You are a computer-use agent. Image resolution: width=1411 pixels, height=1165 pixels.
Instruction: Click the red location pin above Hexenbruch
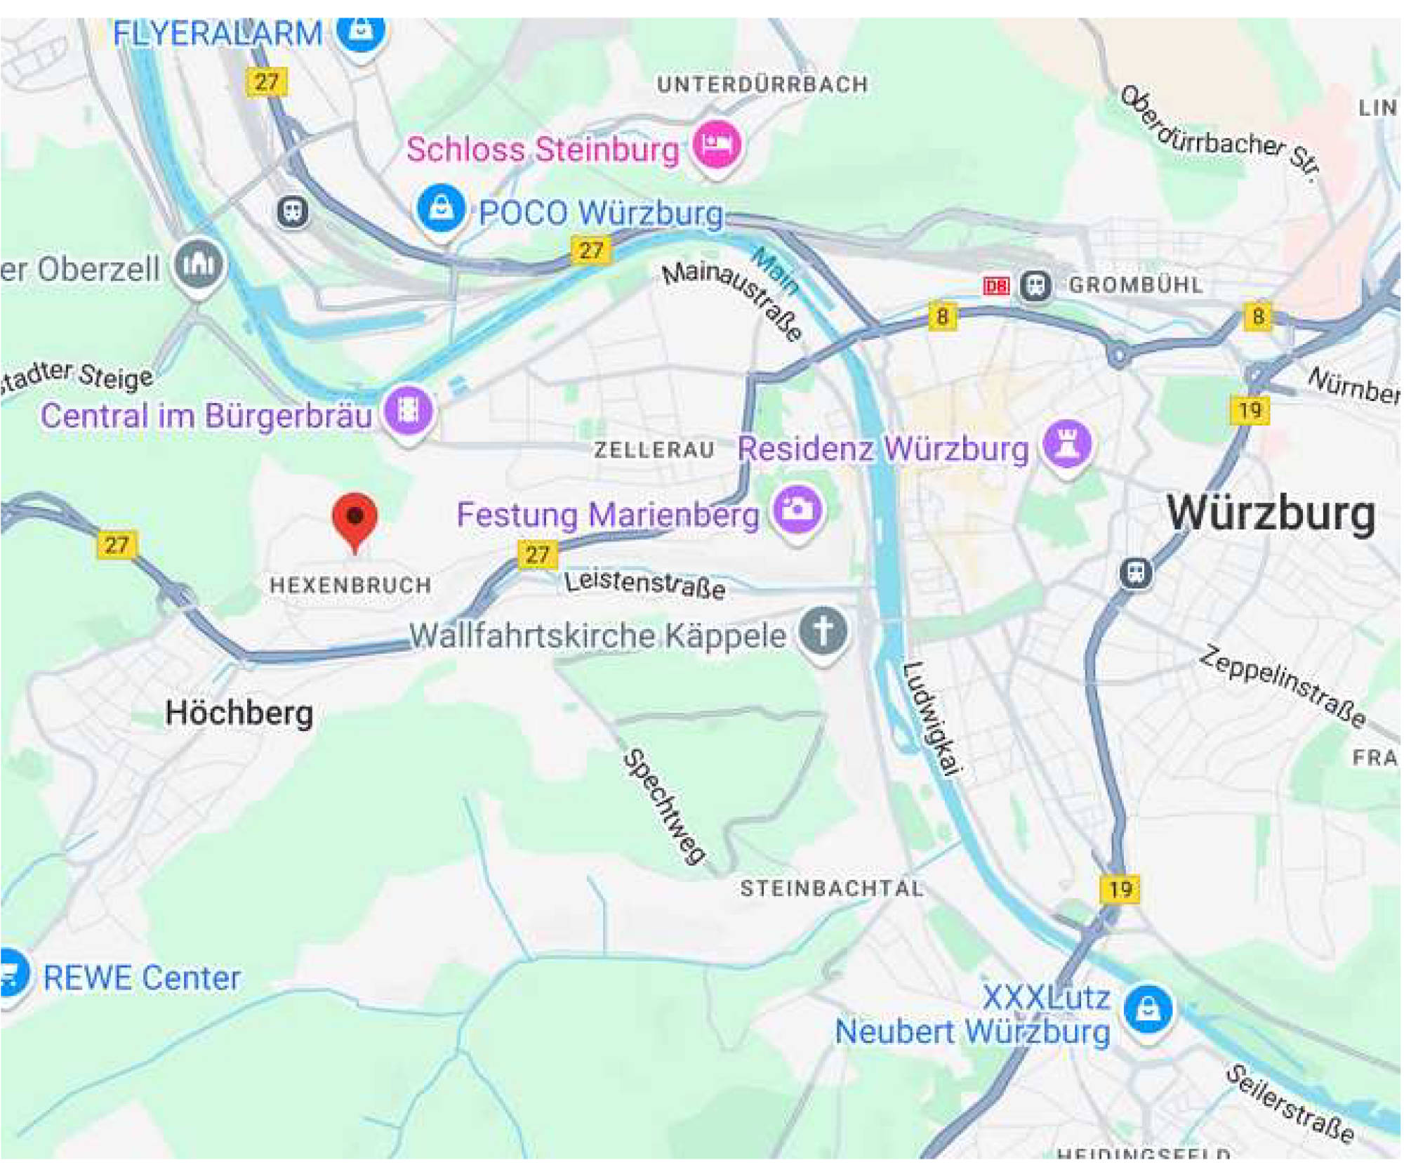355,519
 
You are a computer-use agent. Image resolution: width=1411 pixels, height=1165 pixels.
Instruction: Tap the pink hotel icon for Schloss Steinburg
717,144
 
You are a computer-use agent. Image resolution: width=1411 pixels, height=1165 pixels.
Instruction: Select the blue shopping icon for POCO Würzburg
441,209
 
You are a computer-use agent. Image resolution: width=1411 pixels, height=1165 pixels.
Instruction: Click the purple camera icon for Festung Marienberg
797,508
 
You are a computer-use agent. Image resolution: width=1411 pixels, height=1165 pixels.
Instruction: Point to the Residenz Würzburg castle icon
1068,445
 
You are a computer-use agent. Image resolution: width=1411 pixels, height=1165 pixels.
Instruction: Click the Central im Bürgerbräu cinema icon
409,409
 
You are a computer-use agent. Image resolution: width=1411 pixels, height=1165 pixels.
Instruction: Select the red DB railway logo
996,286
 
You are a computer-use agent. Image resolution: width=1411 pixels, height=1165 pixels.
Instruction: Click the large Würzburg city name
1271,513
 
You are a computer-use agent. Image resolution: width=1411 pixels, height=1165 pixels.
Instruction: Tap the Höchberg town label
239,713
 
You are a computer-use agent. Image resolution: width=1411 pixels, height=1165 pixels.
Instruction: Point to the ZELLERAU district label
654,450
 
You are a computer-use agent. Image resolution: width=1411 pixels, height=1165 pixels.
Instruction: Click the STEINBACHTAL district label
832,889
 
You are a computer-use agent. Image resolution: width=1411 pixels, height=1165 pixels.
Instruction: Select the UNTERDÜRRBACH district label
763,85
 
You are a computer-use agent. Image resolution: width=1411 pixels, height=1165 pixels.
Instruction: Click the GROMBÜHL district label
1136,285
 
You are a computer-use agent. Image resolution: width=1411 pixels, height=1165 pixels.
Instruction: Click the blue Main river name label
775,270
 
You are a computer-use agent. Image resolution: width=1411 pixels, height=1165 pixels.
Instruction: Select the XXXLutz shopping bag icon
1148,1009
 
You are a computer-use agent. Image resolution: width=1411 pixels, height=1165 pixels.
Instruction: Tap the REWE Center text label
142,978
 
